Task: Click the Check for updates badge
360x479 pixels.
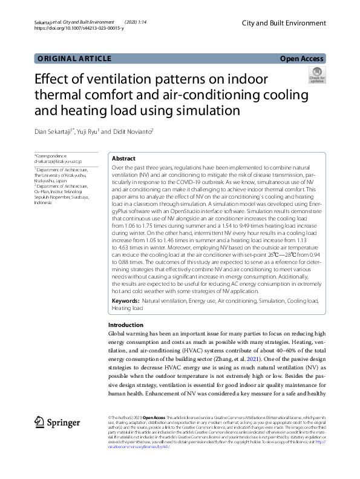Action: (x=317, y=75)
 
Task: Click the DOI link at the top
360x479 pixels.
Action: (x=79, y=28)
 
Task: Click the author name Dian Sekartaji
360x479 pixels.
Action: (x=53, y=131)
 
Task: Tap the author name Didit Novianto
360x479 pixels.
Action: (x=135, y=131)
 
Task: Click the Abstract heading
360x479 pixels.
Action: (x=123, y=157)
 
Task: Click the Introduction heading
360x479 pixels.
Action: (x=126, y=325)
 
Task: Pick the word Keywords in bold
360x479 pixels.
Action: (x=125, y=301)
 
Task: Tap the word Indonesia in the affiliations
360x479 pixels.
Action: (x=45, y=203)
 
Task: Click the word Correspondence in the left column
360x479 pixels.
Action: (x=52, y=156)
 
